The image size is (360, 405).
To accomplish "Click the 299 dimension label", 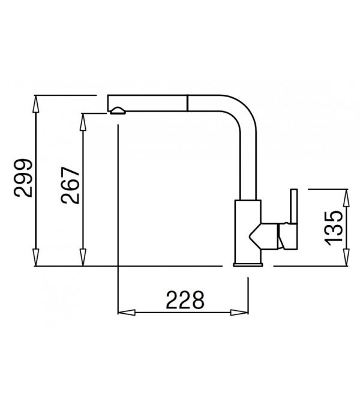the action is click(x=23, y=178).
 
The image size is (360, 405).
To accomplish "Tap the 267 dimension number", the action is click(x=70, y=185).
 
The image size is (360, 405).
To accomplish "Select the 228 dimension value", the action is click(x=185, y=300).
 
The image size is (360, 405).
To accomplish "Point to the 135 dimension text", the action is click(x=334, y=228).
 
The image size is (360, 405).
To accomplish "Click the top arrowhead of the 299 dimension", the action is click(x=36, y=104).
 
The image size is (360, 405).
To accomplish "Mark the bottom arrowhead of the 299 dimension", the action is click(x=36, y=257).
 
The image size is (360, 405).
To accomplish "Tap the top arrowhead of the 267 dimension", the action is click(x=83, y=122).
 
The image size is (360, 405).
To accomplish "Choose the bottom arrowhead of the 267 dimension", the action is click(x=83, y=257).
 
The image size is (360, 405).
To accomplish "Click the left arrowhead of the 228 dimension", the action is click(x=127, y=313).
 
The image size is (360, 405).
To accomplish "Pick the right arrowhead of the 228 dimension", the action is click(x=239, y=313).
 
